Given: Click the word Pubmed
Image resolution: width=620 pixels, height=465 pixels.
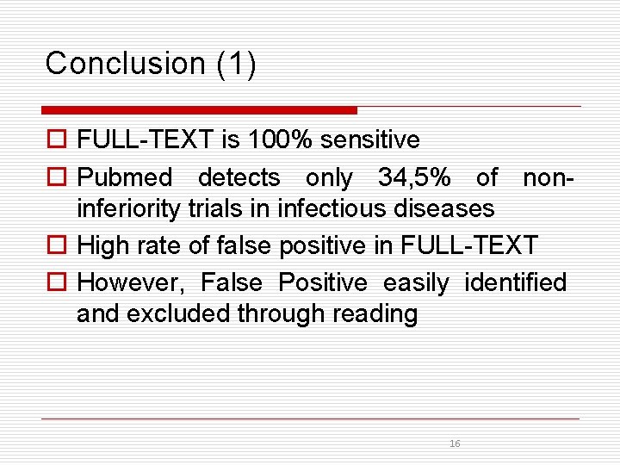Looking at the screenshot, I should tap(125, 178).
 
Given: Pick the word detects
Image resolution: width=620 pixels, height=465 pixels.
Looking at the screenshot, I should tap(239, 178).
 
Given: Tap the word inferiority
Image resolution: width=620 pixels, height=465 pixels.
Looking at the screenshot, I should tap(130, 208).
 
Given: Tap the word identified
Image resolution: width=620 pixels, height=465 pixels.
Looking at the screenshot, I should tap(516, 282).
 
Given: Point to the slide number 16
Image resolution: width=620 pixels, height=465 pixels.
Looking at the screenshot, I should tap(455, 443).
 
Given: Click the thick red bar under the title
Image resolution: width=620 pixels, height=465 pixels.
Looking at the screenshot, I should tap(199, 110).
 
